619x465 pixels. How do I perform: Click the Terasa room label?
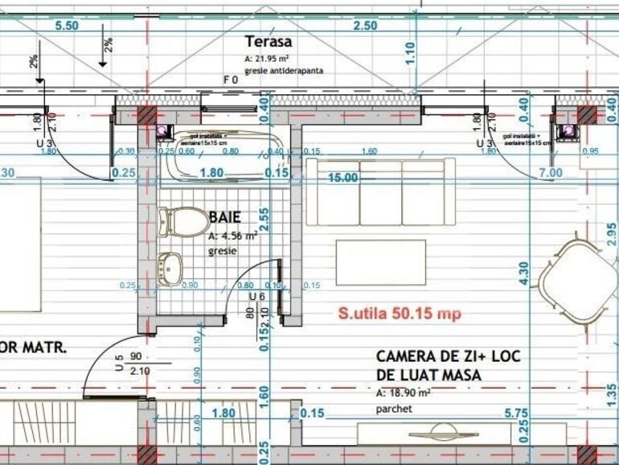click(x=269, y=43)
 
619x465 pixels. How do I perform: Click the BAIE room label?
click(x=225, y=216)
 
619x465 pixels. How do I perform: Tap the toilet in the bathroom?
click(x=184, y=221)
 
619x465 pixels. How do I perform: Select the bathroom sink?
click(x=173, y=268)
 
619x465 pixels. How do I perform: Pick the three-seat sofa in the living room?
click(x=381, y=192)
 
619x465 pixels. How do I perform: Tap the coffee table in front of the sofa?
click(x=380, y=262)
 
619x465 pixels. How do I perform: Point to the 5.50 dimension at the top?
click(x=67, y=25)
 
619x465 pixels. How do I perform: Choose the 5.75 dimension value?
click(x=495, y=414)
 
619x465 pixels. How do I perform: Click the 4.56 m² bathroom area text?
click(x=233, y=237)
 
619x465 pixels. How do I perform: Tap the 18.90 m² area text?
click(x=404, y=393)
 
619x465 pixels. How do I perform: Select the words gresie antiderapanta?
click(x=285, y=71)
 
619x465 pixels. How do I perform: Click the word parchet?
click(x=394, y=409)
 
